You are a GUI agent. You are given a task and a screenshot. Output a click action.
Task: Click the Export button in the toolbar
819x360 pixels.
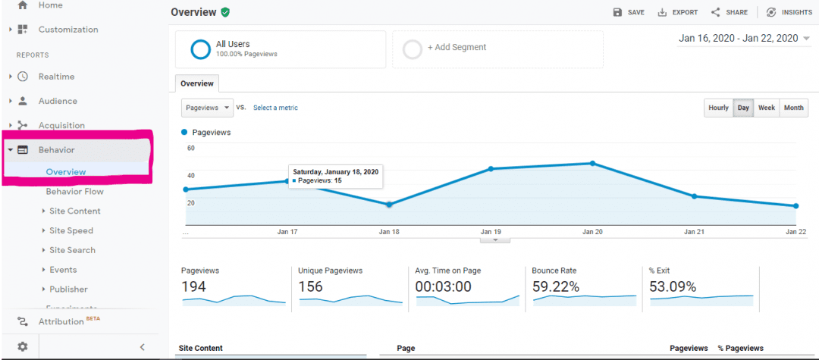677,12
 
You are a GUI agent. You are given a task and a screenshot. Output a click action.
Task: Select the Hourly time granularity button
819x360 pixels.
718,108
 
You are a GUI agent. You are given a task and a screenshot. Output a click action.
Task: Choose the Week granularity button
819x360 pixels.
767,108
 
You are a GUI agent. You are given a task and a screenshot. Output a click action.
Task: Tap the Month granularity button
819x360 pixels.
794,108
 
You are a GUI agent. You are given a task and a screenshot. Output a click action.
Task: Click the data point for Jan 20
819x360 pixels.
592,163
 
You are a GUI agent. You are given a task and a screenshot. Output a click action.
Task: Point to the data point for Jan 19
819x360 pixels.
491,168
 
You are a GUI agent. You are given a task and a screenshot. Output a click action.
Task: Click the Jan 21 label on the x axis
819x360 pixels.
694,231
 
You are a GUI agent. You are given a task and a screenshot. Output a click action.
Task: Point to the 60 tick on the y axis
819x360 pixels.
191,148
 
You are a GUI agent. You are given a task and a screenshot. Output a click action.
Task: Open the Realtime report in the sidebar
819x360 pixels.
56,77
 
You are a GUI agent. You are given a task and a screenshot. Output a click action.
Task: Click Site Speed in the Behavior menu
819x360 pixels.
71,230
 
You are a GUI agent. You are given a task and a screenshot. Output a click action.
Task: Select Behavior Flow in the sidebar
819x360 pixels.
74,192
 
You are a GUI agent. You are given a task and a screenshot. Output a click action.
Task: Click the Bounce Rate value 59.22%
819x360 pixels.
557,286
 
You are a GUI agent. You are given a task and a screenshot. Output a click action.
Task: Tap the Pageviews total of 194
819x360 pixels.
193,286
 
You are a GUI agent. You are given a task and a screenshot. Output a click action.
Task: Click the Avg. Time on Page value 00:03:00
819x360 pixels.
443,286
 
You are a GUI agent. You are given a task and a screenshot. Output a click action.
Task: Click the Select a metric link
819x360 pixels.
275,108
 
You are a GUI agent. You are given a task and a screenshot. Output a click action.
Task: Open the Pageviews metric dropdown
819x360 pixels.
207,108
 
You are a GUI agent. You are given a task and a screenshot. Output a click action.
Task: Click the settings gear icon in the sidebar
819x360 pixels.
23,347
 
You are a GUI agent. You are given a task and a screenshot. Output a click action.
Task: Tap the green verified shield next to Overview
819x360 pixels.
225,12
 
